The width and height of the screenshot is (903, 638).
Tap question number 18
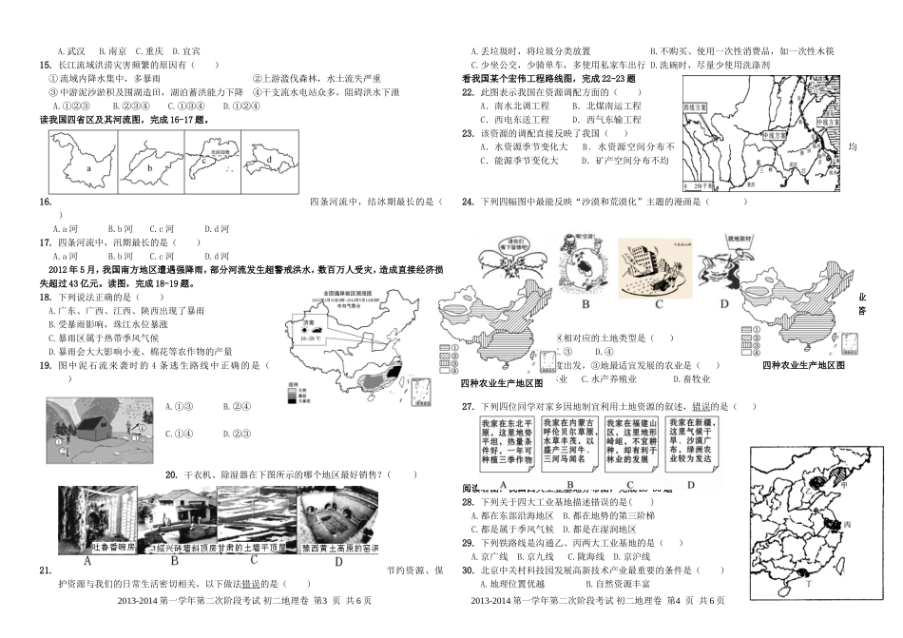click(x=45, y=298)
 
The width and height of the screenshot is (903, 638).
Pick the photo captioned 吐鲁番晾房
click(x=95, y=520)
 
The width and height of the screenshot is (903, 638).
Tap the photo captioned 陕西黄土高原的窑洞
click(x=338, y=520)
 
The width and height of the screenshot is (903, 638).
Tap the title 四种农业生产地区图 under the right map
click(x=803, y=365)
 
